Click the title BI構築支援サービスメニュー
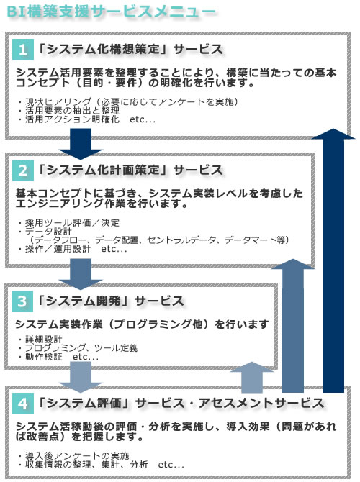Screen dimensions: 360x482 111,12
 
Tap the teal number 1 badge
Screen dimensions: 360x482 23,50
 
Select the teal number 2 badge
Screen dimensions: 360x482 23,170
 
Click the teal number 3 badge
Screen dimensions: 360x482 22,301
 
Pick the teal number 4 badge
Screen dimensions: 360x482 23,404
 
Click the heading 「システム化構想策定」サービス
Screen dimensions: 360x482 130,49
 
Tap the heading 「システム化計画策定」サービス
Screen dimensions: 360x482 130,170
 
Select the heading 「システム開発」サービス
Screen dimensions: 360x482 110,301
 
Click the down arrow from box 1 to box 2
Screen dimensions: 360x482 81,144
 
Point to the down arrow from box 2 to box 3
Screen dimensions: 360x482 81,274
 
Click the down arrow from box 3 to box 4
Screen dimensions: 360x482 81,377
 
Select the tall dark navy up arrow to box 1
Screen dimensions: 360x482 333,260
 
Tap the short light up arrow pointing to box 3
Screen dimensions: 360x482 252,377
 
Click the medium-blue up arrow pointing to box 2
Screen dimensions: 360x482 293,326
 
